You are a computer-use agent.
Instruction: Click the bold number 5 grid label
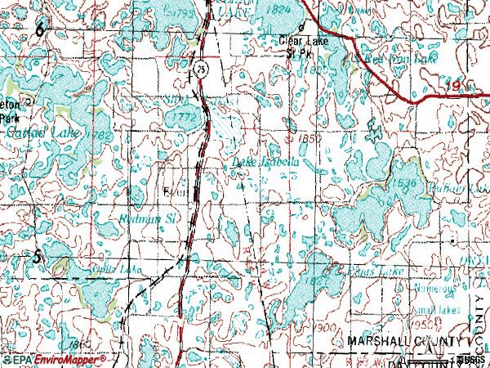(36, 257)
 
